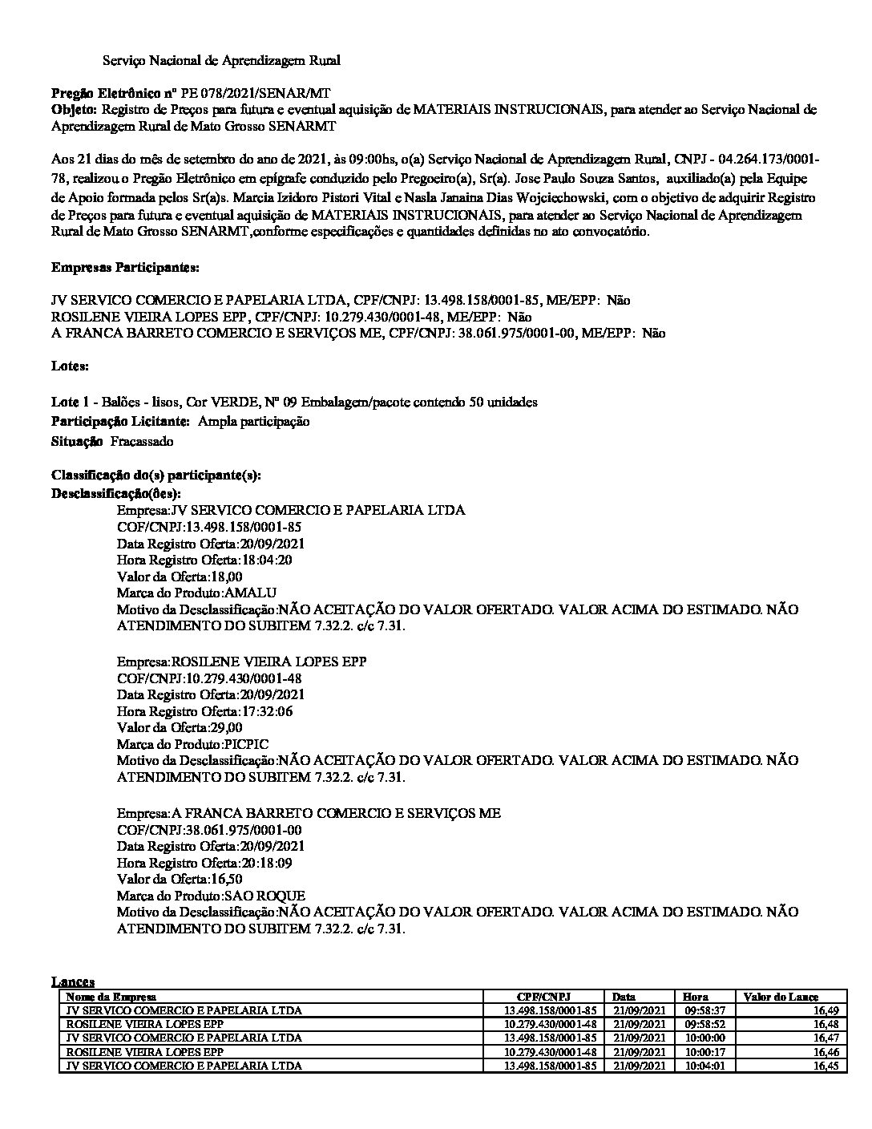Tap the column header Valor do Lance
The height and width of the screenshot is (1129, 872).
click(x=781, y=997)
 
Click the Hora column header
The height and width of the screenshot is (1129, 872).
click(x=696, y=997)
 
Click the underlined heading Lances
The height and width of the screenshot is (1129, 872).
click(x=73, y=981)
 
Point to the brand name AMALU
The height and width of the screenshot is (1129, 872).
click(x=251, y=593)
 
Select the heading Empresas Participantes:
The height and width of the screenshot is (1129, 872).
click(x=126, y=266)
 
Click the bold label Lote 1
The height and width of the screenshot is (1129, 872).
click(x=69, y=402)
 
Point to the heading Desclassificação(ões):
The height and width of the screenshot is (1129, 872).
click(x=116, y=492)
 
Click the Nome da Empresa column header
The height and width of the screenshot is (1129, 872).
click(x=111, y=997)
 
